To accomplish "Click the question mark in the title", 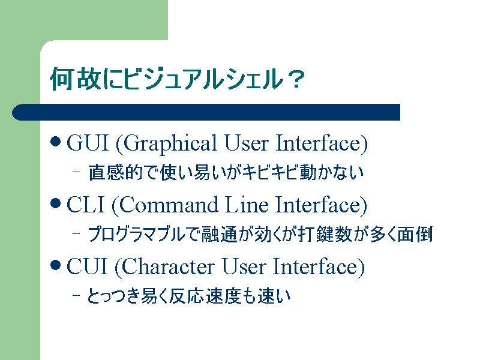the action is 296,79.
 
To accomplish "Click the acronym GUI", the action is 88,143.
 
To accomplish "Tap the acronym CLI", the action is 85,204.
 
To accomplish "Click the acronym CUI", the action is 87,266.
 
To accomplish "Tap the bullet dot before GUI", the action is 55,142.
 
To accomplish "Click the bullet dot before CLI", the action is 55,203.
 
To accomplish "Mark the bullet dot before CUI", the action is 55,265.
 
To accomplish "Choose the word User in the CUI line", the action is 244,266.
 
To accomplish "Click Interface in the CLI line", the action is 321,205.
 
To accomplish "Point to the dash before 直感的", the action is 76,172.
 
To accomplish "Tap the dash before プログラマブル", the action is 76,233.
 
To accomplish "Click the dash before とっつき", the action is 76,295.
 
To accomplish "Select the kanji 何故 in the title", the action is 76,79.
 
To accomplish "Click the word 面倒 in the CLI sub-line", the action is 415,234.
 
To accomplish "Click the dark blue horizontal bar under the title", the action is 206,112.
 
